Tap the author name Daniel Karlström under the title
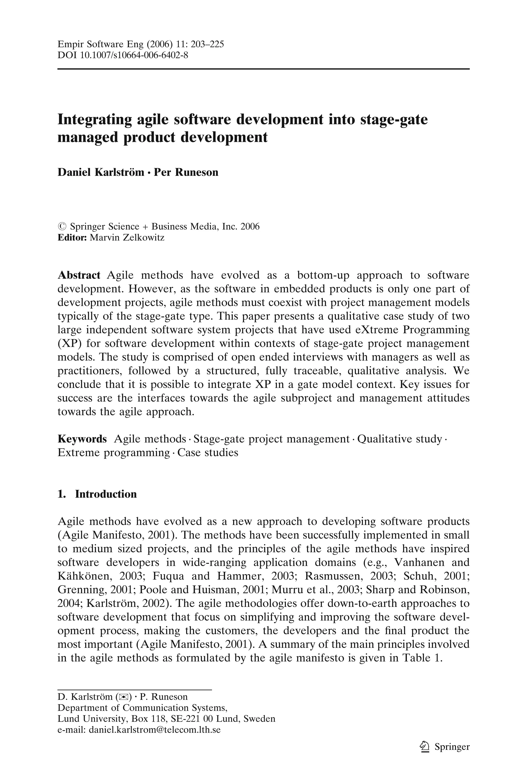[101, 172]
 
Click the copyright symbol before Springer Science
[62, 226]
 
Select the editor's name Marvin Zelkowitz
[127, 237]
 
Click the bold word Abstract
[79, 275]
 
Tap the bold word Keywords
[82, 439]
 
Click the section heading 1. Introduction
[97, 494]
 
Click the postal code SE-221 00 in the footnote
[191, 718]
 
